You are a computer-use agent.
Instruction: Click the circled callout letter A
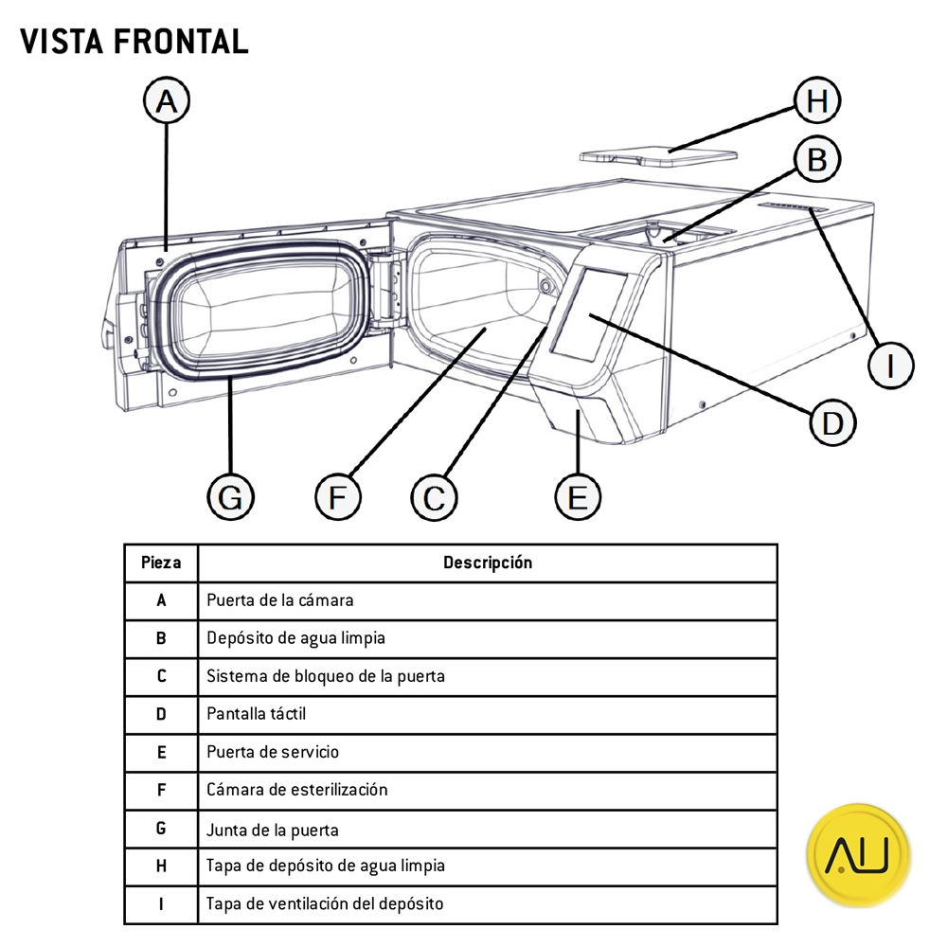167,101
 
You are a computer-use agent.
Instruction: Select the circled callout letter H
817,100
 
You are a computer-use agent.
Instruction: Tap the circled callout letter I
890,365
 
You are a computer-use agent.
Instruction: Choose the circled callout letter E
578,496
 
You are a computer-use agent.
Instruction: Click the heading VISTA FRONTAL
134,41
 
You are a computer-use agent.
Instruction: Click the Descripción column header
488,563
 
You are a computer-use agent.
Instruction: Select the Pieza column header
161,563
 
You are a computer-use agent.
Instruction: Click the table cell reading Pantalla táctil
257,714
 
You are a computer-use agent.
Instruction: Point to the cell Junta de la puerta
273,830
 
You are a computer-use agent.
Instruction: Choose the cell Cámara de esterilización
297,790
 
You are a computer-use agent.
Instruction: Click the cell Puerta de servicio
273,752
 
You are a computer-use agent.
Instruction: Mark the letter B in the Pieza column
161,638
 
